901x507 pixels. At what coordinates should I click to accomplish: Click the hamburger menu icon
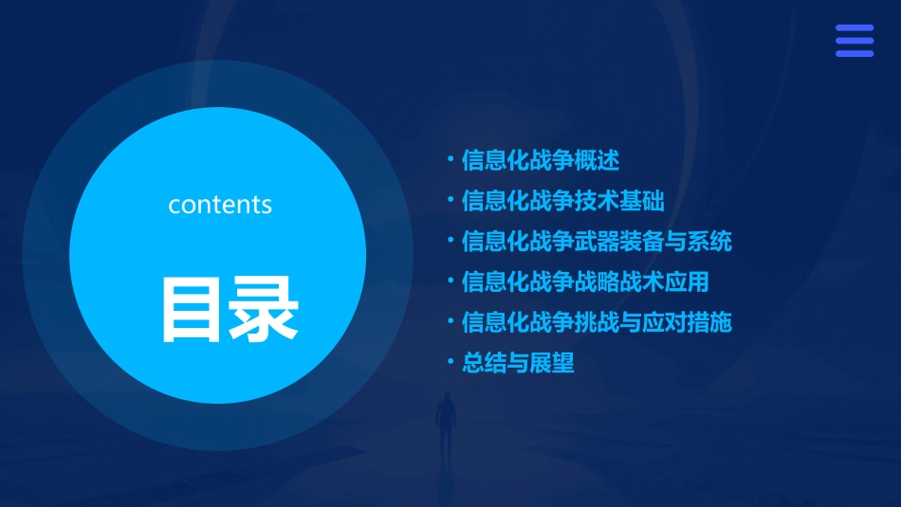pos(854,41)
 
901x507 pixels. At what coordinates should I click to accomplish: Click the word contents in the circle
pos(220,205)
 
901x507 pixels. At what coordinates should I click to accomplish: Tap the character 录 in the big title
pos(263,309)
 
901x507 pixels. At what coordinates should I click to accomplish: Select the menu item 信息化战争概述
pos(540,160)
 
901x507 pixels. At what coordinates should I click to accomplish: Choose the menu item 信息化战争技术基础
pos(562,201)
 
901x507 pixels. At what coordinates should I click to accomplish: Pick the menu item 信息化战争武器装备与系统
pos(597,242)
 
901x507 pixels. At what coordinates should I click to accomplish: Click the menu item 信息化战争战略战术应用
pos(585,281)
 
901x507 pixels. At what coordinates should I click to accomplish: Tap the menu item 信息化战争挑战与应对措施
pos(597,322)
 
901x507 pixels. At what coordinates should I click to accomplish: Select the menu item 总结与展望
pos(518,363)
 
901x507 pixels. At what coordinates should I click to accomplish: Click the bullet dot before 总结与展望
pos(450,362)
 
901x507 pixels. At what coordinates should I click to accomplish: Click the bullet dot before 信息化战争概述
pos(450,159)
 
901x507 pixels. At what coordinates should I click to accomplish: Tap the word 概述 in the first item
pos(598,160)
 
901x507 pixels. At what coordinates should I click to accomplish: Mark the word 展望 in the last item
pos(552,363)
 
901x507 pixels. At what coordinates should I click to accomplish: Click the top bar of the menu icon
pos(854,28)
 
